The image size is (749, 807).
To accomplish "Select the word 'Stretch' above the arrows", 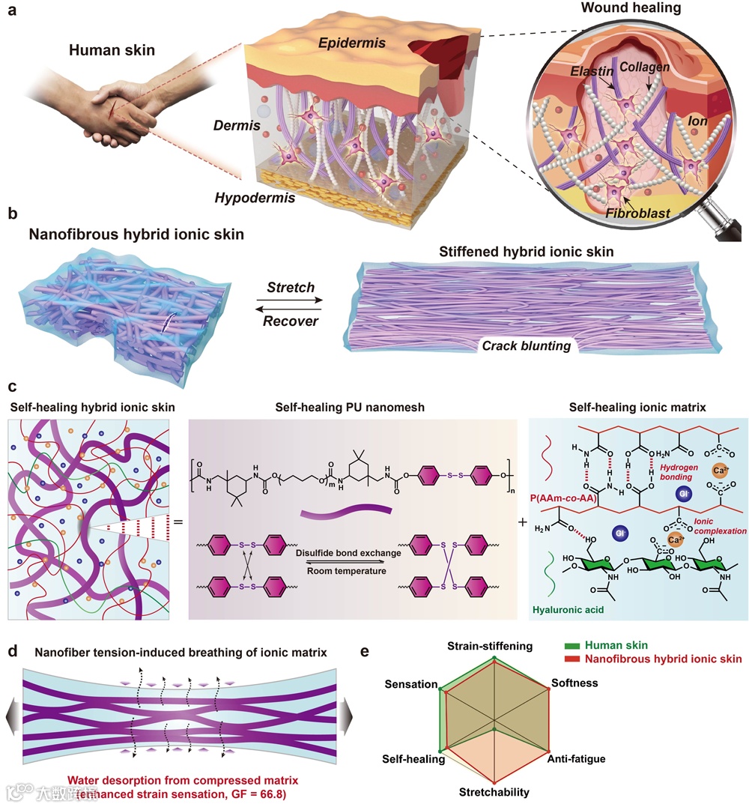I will click(x=289, y=287).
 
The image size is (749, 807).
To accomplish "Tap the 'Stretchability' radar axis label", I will click(x=494, y=792).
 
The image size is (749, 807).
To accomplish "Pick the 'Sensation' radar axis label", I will click(x=410, y=684).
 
